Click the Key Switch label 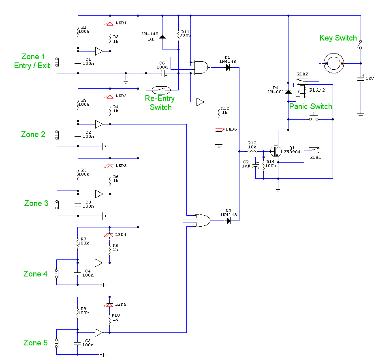point(338,38)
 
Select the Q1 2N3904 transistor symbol point(276,151)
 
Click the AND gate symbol point(201,67)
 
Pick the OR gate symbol point(203,221)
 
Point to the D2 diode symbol point(228,68)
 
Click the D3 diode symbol point(229,221)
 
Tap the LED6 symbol point(219,130)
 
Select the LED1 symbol point(109,24)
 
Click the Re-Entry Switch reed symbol point(161,90)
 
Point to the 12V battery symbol point(361,79)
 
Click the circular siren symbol point(333,63)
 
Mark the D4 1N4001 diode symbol point(288,92)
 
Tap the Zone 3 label point(36,203)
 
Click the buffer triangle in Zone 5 point(99,332)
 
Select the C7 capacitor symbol point(256,165)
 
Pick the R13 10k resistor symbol point(252,152)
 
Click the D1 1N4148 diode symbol point(162,37)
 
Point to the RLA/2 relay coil point(302,92)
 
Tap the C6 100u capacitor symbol point(163,73)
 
